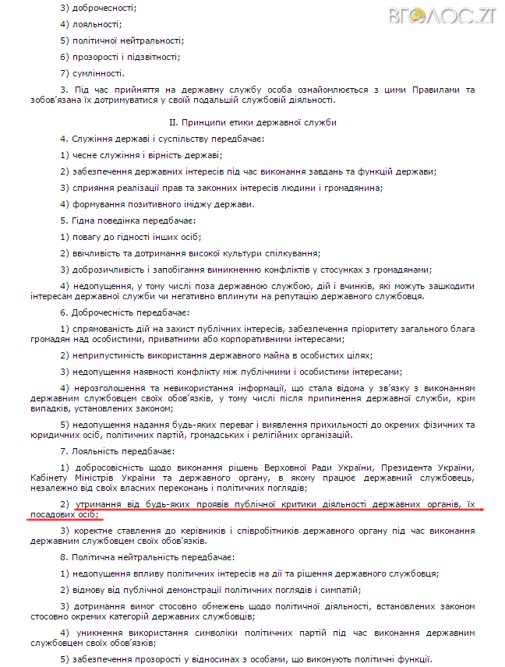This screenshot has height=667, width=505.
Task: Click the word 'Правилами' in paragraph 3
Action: pos(429,90)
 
